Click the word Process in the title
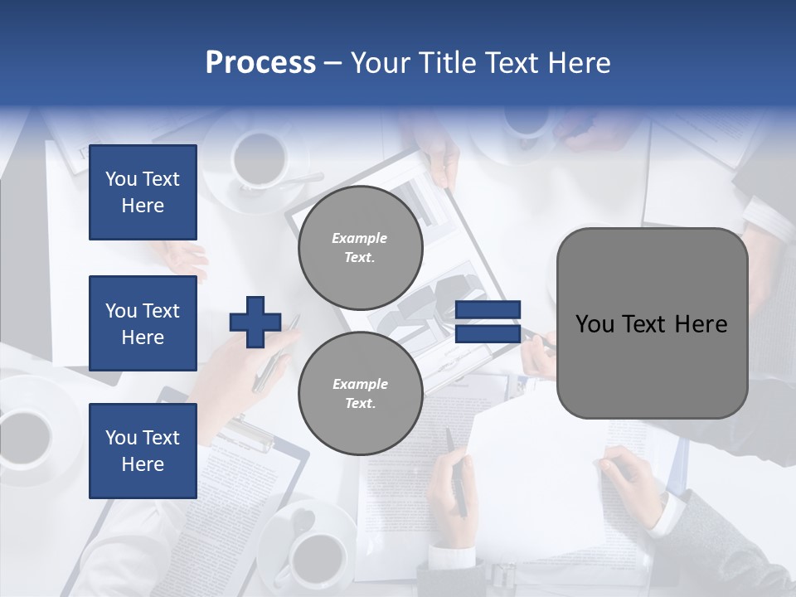click(x=260, y=63)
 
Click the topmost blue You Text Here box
click(x=143, y=192)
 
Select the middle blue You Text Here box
click(x=143, y=323)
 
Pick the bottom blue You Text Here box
click(x=143, y=451)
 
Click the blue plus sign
click(x=255, y=323)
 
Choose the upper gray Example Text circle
click(x=361, y=248)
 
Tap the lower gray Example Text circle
click(x=361, y=394)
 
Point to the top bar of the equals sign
click(x=488, y=310)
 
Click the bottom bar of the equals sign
click(x=488, y=334)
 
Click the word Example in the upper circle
click(x=360, y=238)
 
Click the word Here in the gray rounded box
click(x=701, y=324)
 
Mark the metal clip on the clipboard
click(x=247, y=434)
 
